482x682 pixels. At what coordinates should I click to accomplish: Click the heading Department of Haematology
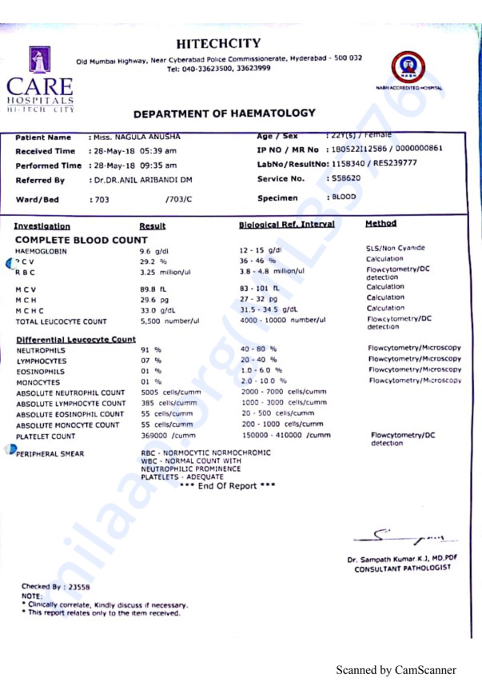225,114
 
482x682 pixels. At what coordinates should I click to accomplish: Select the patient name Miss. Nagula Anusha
136,138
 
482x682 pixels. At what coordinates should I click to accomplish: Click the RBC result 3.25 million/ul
165,272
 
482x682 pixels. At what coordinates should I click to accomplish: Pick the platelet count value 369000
166,436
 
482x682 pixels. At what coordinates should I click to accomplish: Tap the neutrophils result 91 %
150,349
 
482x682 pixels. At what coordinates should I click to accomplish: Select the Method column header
380,224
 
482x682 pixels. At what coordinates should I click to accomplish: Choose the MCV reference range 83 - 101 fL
260,288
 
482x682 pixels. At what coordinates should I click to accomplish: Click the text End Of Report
228,486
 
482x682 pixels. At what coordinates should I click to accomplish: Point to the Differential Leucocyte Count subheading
76,340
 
